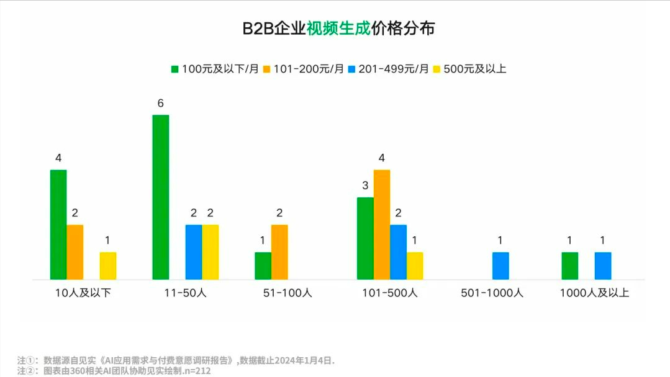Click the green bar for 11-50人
[x=160, y=197]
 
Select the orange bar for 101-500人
[x=382, y=224]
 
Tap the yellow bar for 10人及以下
[x=108, y=265]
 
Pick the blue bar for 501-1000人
[x=500, y=265]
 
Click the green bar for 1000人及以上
[x=569, y=265]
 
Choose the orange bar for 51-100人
[x=279, y=252]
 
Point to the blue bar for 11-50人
[x=194, y=252]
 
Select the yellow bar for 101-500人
[x=415, y=265]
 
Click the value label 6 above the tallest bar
[x=160, y=104]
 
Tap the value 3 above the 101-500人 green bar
[x=365, y=185]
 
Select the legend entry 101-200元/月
[x=303, y=69]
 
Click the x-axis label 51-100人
[x=287, y=293]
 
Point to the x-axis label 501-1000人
[x=492, y=293]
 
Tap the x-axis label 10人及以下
[x=83, y=293]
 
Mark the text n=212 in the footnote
[x=197, y=371]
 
